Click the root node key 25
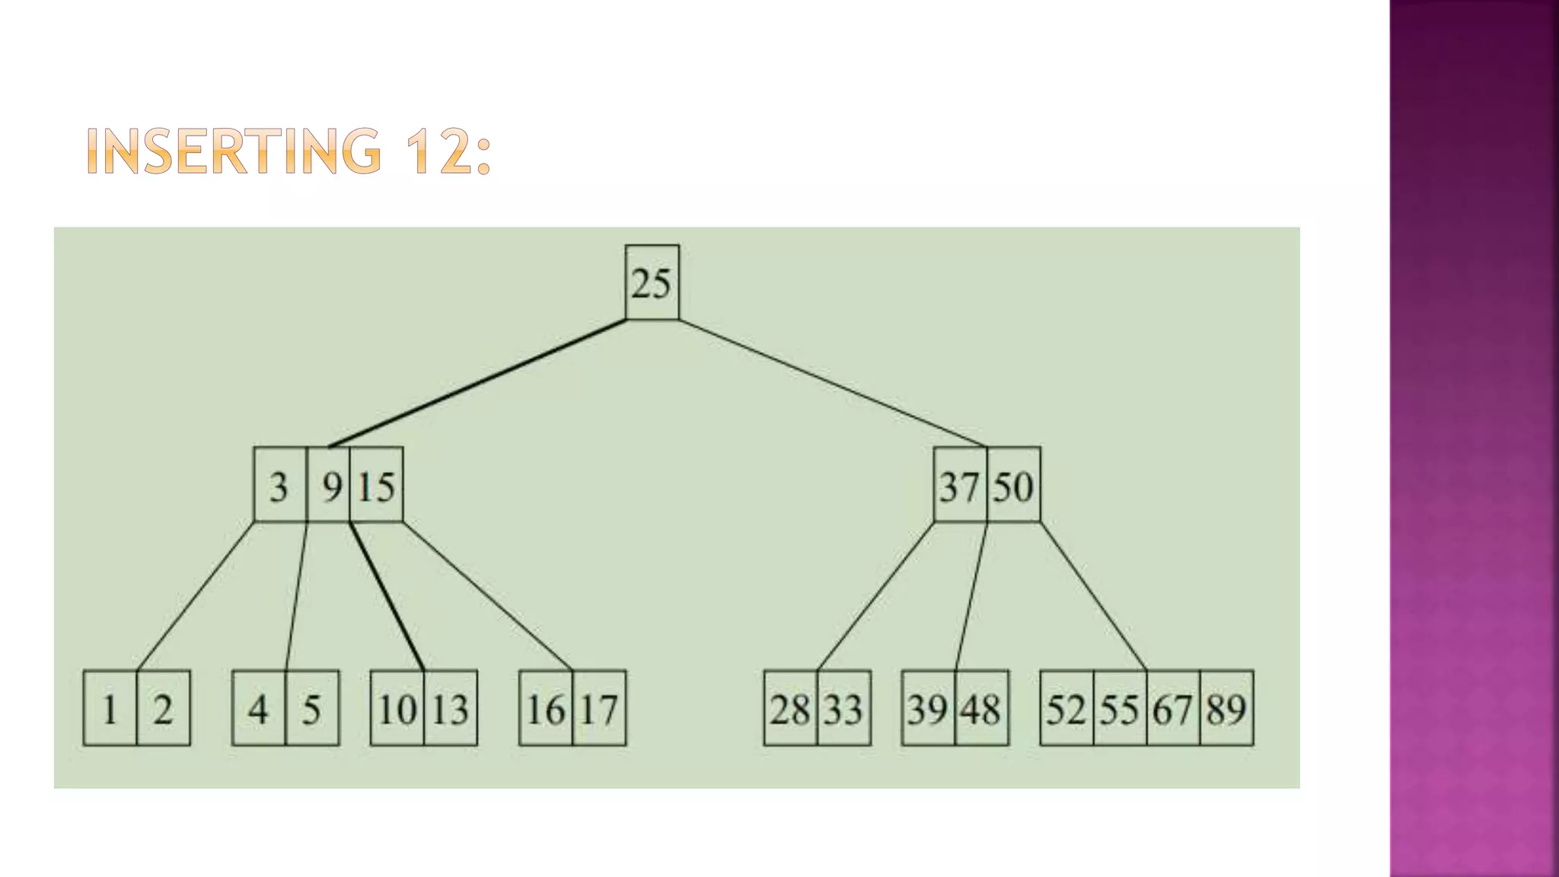click(x=652, y=283)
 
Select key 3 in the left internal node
click(x=279, y=486)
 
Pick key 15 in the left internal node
click(x=377, y=486)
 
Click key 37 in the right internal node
click(x=959, y=486)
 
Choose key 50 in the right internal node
click(x=1013, y=486)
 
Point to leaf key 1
click(x=110, y=710)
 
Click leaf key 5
click(x=312, y=710)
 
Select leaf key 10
click(x=397, y=710)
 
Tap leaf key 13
click(x=450, y=710)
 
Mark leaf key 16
click(x=546, y=710)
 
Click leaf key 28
click(x=790, y=710)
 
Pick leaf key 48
click(x=981, y=710)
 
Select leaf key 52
click(x=1066, y=710)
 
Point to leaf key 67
click(x=1172, y=710)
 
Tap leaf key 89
click(x=1226, y=710)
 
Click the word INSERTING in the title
click(x=233, y=151)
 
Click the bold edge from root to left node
click(x=478, y=383)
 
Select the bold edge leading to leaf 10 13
click(x=387, y=596)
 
